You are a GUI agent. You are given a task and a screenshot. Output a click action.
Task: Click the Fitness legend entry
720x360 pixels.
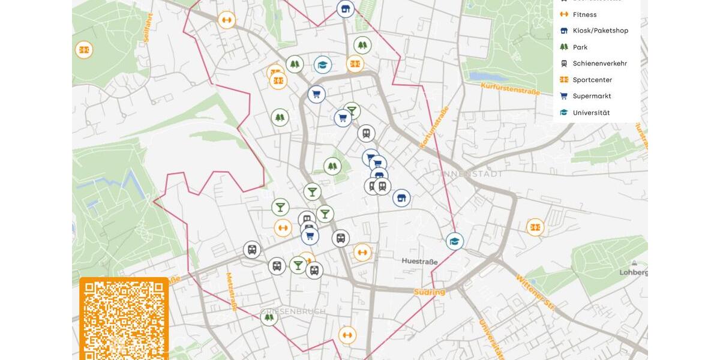[x=584, y=14]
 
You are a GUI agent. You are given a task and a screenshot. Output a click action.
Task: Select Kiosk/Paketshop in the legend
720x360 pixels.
[x=600, y=31]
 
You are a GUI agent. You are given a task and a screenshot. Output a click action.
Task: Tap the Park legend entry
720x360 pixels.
[x=580, y=47]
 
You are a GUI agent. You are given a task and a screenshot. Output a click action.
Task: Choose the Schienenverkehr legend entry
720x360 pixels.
[x=599, y=63]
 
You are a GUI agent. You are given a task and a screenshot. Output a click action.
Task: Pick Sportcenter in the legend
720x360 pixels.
[x=592, y=80]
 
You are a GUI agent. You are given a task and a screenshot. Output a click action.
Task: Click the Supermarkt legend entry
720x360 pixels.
[x=592, y=96]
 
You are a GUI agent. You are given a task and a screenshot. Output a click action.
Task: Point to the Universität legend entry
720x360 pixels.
[x=590, y=112]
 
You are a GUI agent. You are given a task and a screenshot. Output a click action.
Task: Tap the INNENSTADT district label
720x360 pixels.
[x=472, y=174]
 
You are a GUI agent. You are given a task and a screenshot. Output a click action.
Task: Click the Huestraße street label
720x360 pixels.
[x=419, y=262]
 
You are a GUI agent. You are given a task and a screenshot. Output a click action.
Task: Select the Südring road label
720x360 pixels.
[x=429, y=292]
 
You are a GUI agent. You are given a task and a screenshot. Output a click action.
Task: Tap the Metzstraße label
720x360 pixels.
[x=230, y=292]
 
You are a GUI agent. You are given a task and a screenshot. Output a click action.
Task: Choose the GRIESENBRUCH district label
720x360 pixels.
[x=293, y=311]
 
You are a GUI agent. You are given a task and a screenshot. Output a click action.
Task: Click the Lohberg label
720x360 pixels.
[x=634, y=272]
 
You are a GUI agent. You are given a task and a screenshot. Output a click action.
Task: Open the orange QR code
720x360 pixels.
[x=124, y=318]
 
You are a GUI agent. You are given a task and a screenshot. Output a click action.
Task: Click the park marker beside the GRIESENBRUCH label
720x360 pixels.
[x=269, y=317]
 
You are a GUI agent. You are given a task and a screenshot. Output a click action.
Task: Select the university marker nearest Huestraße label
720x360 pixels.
[x=455, y=241]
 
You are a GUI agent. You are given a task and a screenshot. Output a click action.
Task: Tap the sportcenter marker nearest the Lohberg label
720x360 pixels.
[x=535, y=227]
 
